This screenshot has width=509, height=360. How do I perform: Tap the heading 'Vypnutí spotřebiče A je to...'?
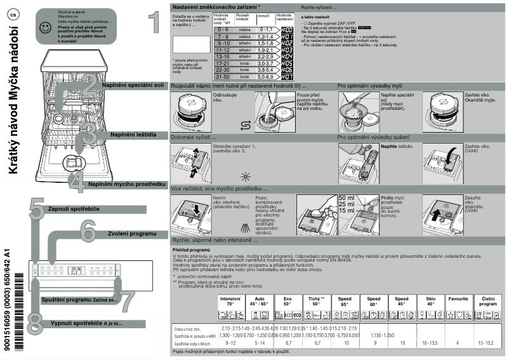[x=86, y=323]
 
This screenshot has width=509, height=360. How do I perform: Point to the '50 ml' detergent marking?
[x=347, y=198]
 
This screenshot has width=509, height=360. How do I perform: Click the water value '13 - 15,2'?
[x=486, y=342]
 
